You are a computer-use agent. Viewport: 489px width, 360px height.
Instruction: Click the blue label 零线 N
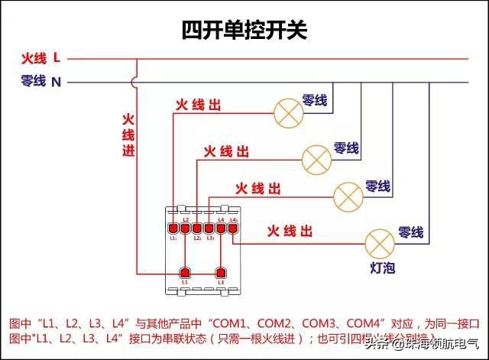(x=41, y=81)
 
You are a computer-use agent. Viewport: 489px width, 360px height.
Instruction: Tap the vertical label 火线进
(x=128, y=136)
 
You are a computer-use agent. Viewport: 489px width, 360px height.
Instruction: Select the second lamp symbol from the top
(x=316, y=158)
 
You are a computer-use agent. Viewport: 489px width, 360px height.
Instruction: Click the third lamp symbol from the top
(x=348, y=196)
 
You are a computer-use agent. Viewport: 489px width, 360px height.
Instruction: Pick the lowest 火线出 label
(x=289, y=231)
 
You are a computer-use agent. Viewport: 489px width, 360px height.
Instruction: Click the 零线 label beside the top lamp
(x=315, y=100)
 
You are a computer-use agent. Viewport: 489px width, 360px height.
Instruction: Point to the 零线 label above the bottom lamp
(x=410, y=232)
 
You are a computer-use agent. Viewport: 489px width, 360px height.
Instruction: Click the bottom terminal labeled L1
(x=184, y=272)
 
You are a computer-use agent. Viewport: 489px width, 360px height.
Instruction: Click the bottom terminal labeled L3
(x=222, y=272)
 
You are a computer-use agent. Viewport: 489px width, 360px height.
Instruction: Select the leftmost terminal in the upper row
(x=173, y=227)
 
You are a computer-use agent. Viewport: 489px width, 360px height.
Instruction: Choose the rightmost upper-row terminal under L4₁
(x=232, y=227)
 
